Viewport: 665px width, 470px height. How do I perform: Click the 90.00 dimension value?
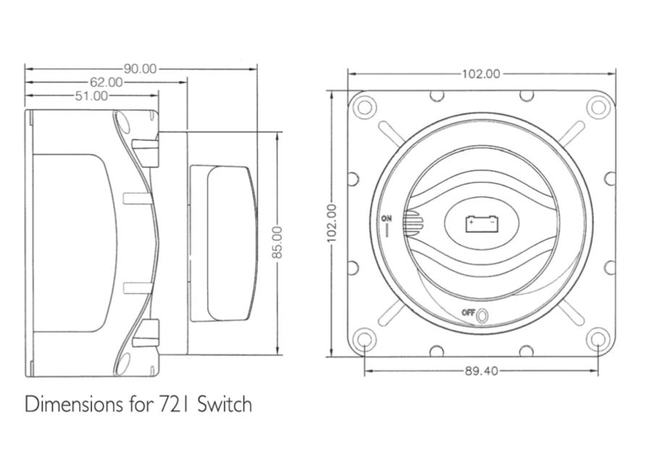click(140, 69)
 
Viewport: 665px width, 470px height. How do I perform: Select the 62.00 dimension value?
click(106, 82)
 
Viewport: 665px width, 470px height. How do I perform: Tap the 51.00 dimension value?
click(92, 96)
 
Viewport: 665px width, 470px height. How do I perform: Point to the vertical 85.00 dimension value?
click(276, 242)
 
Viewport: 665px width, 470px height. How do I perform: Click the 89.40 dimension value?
click(481, 371)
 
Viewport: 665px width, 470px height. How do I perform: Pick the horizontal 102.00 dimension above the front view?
click(481, 74)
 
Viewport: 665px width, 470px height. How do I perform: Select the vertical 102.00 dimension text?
click(331, 223)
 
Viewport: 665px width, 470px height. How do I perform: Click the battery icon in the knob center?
click(481, 223)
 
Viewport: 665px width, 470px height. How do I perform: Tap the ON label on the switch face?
click(386, 219)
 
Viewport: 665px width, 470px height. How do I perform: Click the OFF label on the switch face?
click(468, 313)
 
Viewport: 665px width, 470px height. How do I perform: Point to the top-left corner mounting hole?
click(364, 106)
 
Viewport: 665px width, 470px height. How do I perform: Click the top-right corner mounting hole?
click(598, 106)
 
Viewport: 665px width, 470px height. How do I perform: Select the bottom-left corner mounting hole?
click(364, 339)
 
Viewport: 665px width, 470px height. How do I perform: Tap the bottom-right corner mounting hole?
click(598, 339)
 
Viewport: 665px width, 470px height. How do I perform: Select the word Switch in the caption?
click(225, 404)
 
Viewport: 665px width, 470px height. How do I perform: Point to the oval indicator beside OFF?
click(482, 316)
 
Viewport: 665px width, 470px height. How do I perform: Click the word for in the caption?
click(140, 404)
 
